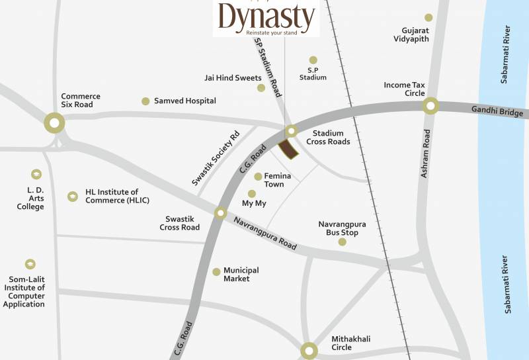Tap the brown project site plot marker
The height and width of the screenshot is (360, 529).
coord(288,150)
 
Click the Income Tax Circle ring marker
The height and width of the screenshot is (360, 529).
coord(431,106)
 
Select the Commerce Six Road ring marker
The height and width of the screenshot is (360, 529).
coord(54,122)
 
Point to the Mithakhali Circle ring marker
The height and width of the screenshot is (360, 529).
coord(308,350)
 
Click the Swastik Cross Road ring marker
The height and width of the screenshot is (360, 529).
coord(220,213)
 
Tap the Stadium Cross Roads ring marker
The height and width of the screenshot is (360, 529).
coord(291,131)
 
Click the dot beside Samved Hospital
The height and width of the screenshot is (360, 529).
coord(145,101)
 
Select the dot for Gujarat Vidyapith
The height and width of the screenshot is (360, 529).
coord(428,18)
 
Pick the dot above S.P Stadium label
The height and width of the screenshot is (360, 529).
coord(313,60)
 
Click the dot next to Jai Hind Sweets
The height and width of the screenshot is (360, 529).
coord(261,87)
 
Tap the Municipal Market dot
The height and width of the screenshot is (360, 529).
coord(216,271)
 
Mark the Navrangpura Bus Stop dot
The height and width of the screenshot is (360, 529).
coord(342,242)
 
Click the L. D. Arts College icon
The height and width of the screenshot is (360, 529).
coord(36,174)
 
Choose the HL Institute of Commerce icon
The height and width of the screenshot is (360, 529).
coord(72,196)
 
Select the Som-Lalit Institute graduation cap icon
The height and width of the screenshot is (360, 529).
coord(30,264)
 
